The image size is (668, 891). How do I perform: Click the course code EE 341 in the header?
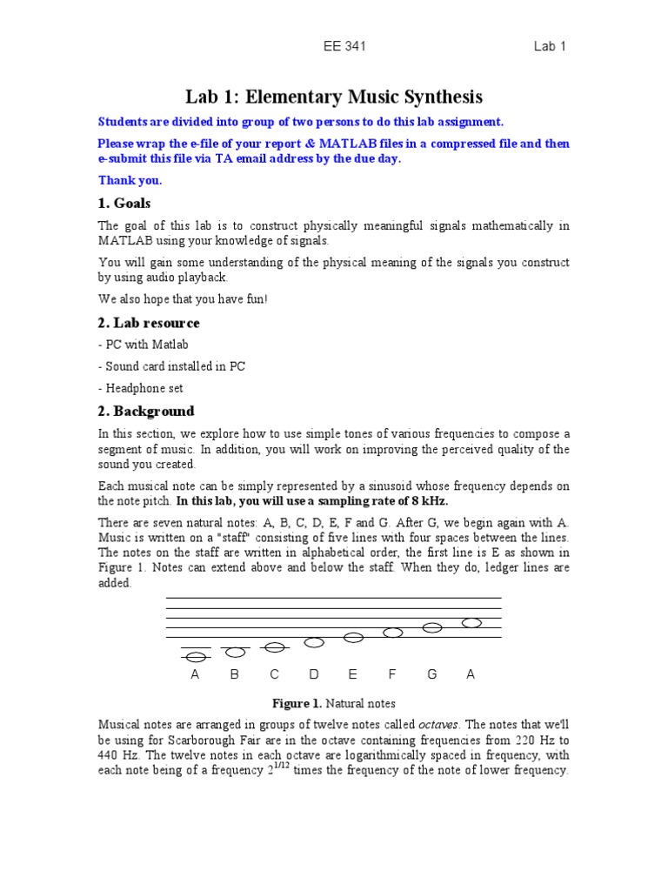(344, 47)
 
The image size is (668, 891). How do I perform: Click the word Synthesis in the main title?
(434, 97)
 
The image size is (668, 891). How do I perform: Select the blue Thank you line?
(130, 180)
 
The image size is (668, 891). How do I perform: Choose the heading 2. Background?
(145, 411)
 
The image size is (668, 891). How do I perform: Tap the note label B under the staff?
(234, 674)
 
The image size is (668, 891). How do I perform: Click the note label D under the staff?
(313, 674)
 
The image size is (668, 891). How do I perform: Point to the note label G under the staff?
(431, 674)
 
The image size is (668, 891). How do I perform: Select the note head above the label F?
(392, 633)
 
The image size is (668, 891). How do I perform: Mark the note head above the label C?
(274, 646)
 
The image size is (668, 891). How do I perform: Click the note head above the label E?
(353, 638)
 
